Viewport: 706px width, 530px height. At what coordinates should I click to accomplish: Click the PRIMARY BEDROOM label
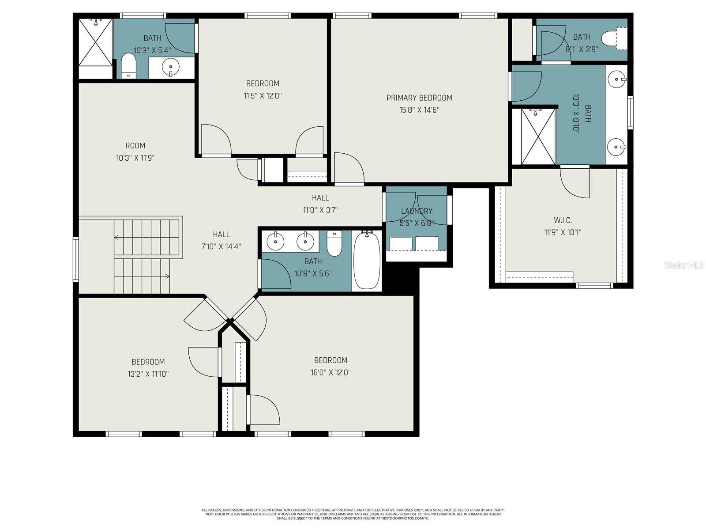(x=419, y=98)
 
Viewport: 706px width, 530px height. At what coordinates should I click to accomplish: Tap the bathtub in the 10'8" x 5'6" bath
(x=367, y=261)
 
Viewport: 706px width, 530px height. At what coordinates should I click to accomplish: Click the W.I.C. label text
(x=563, y=220)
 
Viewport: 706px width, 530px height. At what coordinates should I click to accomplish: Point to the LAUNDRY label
(x=417, y=211)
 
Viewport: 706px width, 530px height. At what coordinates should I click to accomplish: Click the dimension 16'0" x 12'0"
(x=330, y=372)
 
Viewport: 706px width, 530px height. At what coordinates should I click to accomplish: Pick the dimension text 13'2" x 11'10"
(x=148, y=374)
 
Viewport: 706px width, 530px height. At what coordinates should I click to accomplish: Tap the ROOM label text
(x=135, y=146)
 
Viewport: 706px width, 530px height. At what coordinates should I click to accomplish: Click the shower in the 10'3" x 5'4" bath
(x=96, y=42)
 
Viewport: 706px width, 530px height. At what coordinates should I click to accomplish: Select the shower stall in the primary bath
(x=538, y=137)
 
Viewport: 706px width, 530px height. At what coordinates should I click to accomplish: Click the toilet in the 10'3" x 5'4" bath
(x=129, y=65)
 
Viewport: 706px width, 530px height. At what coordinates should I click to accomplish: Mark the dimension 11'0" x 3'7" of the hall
(x=320, y=210)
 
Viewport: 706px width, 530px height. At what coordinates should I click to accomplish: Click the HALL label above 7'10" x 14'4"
(x=221, y=235)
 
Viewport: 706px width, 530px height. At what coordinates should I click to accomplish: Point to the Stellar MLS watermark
(x=684, y=265)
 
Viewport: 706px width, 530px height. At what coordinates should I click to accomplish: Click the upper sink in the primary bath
(x=616, y=80)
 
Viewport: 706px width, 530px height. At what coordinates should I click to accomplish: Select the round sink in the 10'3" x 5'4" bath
(x=170, y=68)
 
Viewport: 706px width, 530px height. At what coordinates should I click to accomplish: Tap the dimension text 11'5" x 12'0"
(x=263, y=95)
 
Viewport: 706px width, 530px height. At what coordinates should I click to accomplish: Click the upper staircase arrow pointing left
(x=116, y=238)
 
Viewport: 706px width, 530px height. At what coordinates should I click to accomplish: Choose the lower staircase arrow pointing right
(x=167, y=276)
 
